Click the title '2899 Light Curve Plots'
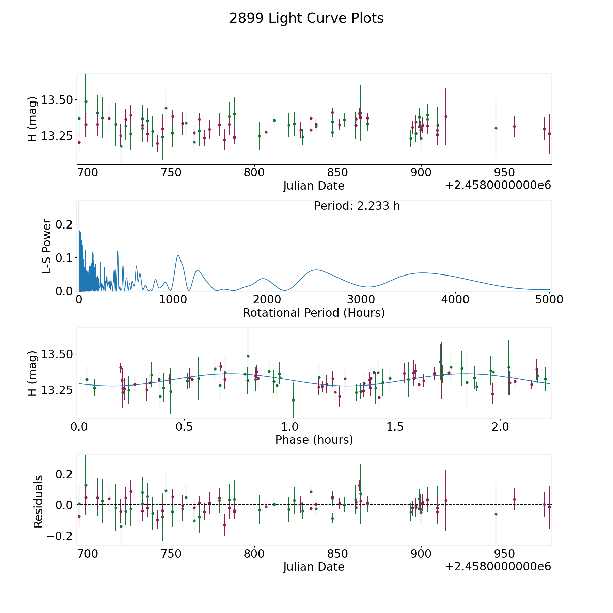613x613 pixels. [306, 18]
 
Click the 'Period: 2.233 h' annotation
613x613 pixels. [357, 206]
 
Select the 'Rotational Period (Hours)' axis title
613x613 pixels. [314, 313]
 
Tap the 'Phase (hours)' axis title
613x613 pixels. [314, 440]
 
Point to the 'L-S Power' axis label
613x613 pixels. [47, 246]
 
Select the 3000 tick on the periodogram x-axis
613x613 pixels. [361, 300]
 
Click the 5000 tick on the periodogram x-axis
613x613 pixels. [549, 300]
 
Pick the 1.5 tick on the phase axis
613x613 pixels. [395, 427]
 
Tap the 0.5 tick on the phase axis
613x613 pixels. [184, 427]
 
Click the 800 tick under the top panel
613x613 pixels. [254, 173]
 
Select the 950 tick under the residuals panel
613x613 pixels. [504, 554]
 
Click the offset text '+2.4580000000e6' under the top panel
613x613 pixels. [498, 185]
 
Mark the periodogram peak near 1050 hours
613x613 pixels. [178, 255]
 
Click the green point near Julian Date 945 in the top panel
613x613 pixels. [496, 128]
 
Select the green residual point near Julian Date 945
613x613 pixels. [496, 514]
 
